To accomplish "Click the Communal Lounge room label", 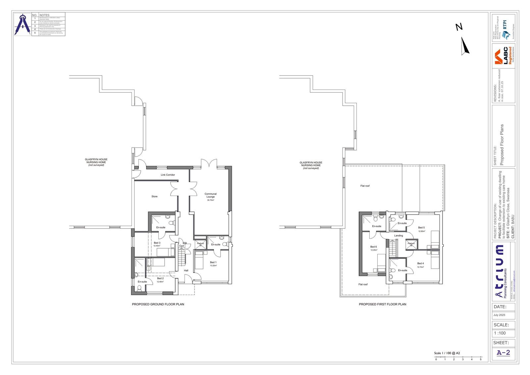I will [x=210, y=195].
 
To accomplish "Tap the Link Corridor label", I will [x=168, y=175].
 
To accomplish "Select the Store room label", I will [x=154, y=197].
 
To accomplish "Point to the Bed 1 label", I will [x=213, y=262].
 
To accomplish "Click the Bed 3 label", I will [x=157, y=243].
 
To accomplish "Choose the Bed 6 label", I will [x=373, y=247].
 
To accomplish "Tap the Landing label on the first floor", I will [x=398, y=236].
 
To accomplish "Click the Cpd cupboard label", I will [x=182, y=246].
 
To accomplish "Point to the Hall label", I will [x=186, y=271].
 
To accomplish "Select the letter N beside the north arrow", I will [x=459, y=27].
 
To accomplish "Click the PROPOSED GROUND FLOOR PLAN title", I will [x=158, y=304].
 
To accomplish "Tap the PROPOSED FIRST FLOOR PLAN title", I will [x=383, y=304].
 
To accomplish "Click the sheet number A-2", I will [x=503, y=353].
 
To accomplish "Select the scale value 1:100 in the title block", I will [x=500, y=333].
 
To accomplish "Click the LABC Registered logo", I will [x=503, y=56].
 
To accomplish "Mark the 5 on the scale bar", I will [x=481, y=359].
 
